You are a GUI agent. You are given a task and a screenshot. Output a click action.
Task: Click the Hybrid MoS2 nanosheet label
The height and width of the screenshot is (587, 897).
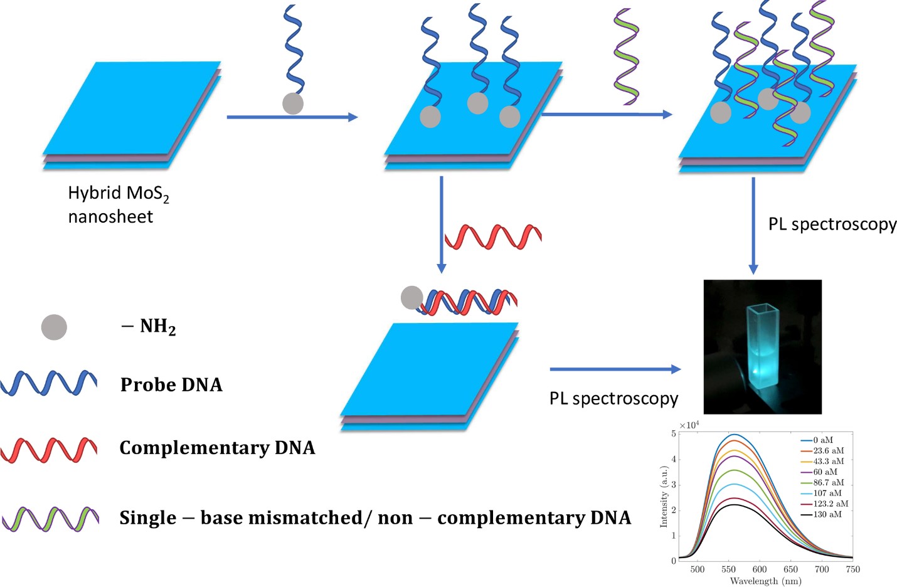click(x=118, y=204)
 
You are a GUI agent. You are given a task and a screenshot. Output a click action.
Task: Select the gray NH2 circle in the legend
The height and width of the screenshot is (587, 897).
click(x=54, y=327)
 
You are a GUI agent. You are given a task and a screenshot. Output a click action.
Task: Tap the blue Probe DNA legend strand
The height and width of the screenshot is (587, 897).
click(x=48, y=383)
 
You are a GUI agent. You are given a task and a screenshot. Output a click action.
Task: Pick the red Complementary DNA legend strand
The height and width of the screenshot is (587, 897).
click(x=48, y=450)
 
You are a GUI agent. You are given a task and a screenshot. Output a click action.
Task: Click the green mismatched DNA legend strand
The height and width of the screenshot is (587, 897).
click(x=50, y=519)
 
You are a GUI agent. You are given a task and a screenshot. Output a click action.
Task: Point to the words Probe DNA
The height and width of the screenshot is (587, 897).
click(x=171, y=384)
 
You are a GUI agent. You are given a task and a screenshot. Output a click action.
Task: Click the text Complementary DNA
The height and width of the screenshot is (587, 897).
click(x=217, y=448)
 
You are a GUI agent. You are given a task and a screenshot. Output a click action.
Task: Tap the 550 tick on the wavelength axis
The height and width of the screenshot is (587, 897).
click(x=728, y=569)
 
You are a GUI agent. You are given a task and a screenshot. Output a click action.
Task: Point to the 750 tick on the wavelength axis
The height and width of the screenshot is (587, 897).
click(x=852, y=569)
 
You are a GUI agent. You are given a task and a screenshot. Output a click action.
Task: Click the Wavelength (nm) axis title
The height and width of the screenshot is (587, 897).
click(x=765, y=581)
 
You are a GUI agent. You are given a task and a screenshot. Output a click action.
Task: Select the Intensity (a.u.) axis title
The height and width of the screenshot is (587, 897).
click(x=664, y=496)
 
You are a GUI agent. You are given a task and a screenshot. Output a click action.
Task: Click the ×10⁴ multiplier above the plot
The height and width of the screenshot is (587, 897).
click(x=689, y=425)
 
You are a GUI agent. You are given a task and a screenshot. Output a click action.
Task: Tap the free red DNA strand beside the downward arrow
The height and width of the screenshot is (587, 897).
click(x=493, y=236)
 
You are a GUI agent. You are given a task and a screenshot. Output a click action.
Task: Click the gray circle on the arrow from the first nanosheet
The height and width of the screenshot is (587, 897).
click(x=293, y=103)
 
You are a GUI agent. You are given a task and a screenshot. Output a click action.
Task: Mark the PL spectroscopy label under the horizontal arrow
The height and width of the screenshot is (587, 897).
click(x=613, y=399)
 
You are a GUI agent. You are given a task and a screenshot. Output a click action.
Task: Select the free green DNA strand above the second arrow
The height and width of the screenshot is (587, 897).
click(x=626, y=56)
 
